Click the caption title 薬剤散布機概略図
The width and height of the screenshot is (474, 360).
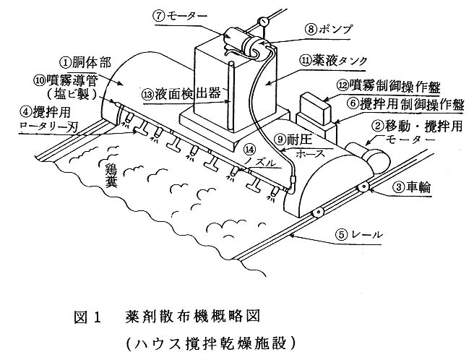(191, 315)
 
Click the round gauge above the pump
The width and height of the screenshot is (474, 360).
(265, 22)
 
